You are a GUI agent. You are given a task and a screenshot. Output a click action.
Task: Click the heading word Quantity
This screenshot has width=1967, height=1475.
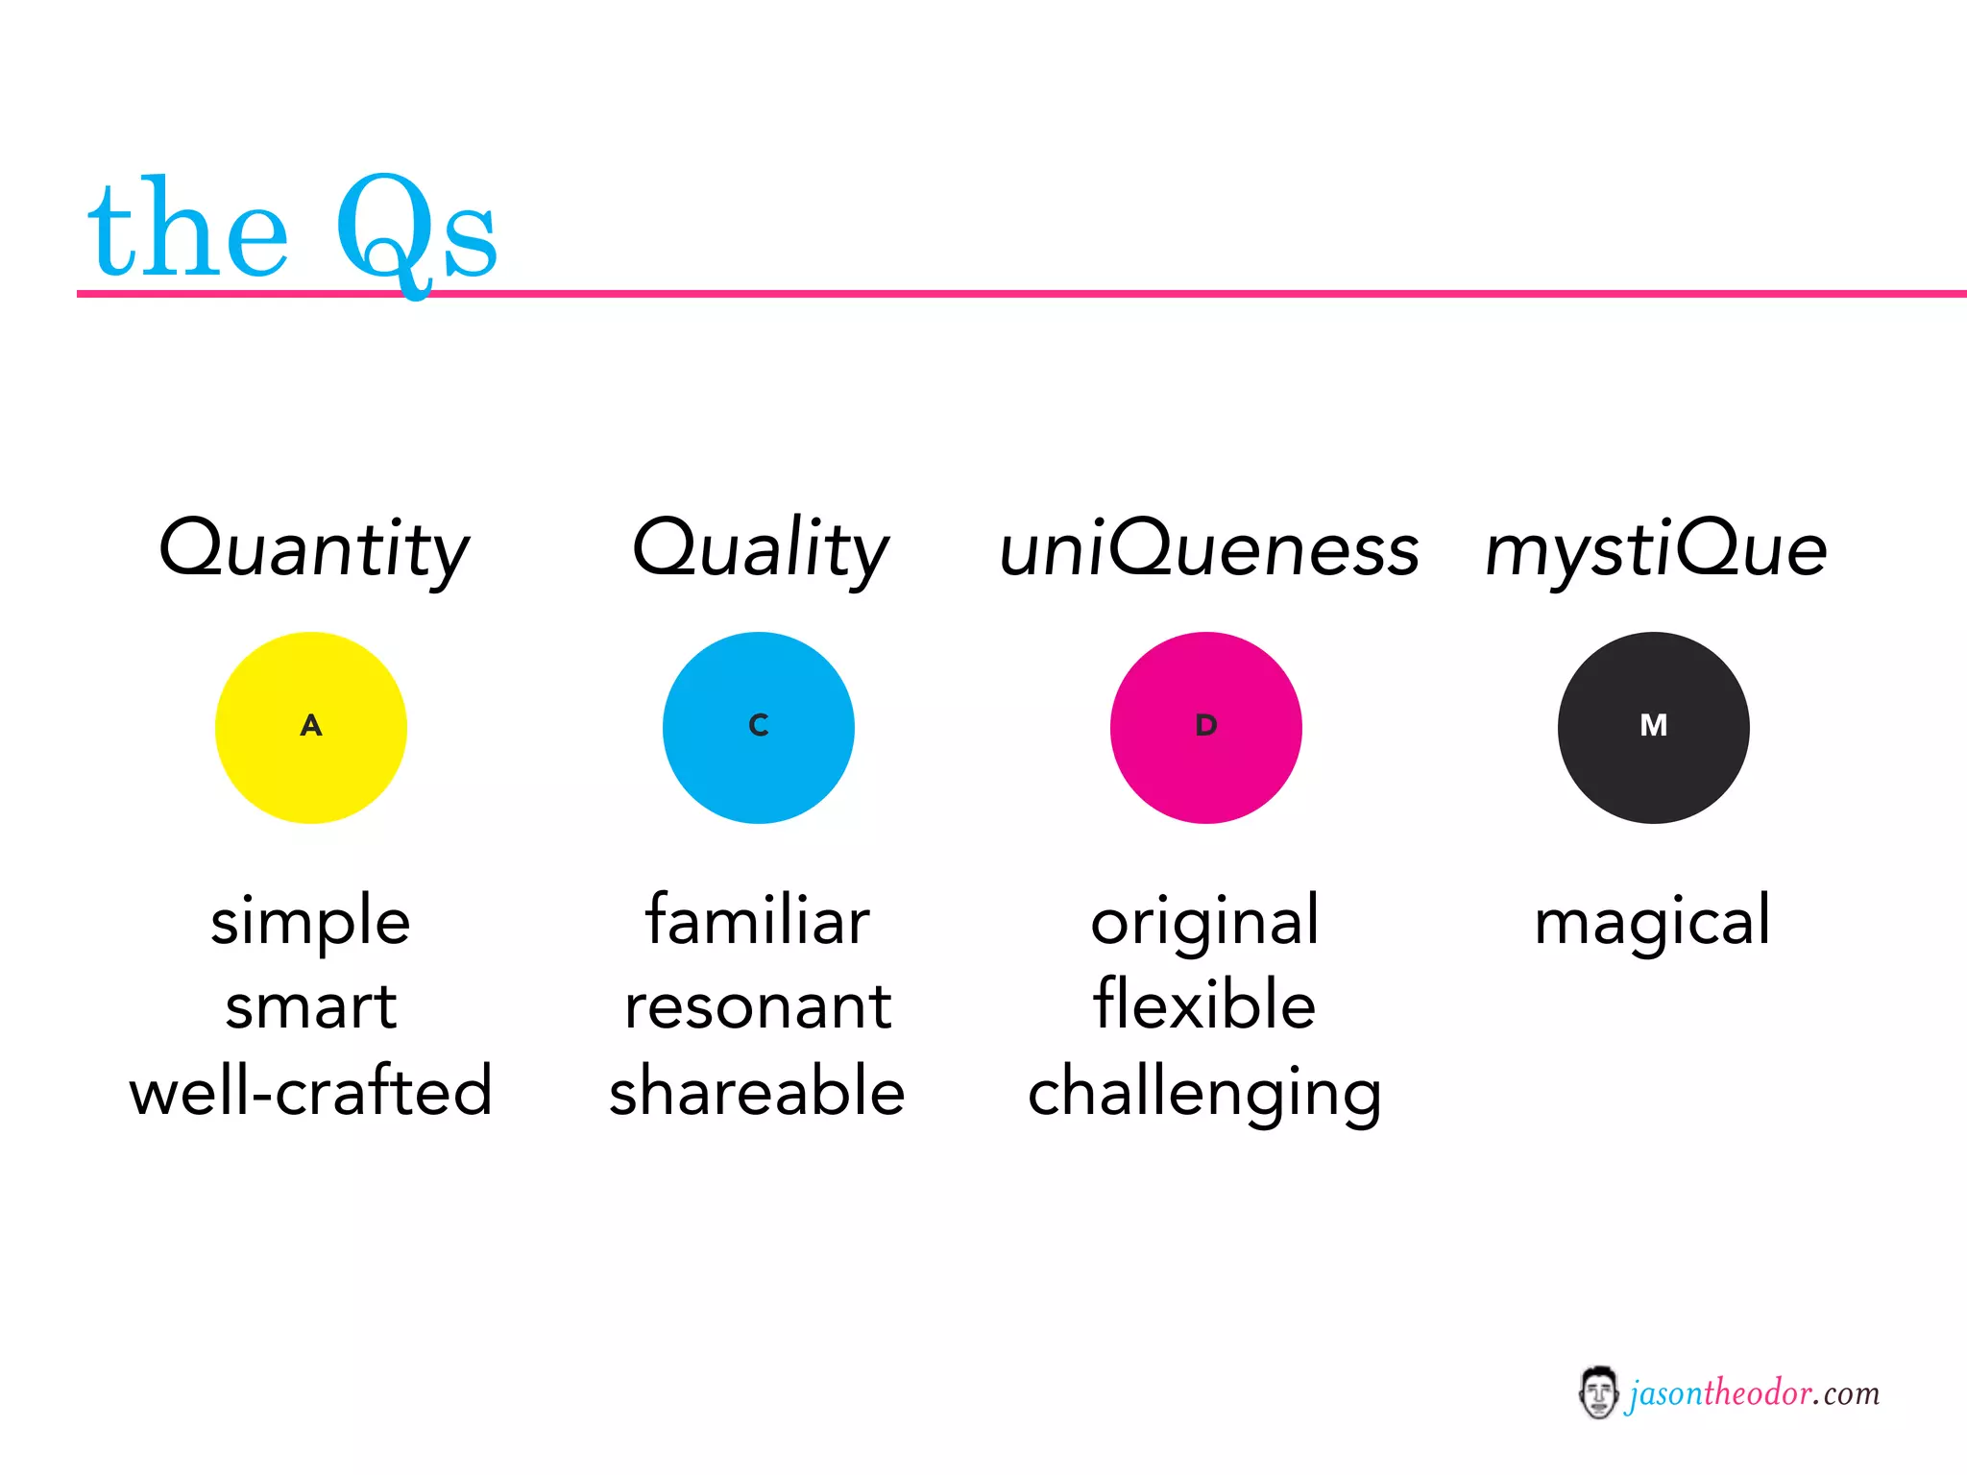click(x=313, y=548)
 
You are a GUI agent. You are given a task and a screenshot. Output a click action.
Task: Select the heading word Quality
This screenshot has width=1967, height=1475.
click(x=760, y=548)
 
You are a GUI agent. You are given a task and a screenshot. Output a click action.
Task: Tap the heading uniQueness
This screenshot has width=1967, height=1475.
click(x=1208, y=550)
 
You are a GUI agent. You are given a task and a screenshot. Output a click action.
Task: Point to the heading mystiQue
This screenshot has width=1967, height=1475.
click(x=1655, y=550)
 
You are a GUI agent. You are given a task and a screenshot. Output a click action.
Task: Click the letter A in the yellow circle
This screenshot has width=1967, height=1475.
click(x=311, y=725)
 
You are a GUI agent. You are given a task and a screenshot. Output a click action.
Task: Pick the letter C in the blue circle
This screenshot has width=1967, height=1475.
click(x=759, y=725)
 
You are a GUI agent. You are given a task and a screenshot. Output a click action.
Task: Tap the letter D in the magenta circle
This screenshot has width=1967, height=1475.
click(x=1206, y=725)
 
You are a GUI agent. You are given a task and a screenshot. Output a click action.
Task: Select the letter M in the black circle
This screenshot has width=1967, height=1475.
click(x=1653, y=725)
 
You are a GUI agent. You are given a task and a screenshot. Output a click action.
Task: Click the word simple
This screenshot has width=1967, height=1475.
click(x=310, y=922)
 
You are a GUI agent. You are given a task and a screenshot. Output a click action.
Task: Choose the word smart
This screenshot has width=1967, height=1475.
click(x=310, y=1006)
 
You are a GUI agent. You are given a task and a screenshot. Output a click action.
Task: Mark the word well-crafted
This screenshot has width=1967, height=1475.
click(x=310, y=1091)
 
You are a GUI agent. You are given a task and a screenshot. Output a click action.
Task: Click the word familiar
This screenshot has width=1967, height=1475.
click(x=757, y=920)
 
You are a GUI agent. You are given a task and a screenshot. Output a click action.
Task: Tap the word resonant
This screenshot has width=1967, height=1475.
click(x=758, y=1006)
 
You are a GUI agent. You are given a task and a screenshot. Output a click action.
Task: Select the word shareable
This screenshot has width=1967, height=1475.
click(x=757, y=1091)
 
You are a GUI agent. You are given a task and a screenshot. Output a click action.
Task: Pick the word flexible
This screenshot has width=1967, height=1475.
click(x=1204, y=1004)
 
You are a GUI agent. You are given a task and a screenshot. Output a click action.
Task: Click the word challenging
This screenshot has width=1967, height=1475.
click(x=1204, y=1093)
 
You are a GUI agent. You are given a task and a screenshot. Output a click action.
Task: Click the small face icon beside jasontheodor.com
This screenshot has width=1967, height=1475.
click(x=1598, y=1392)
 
